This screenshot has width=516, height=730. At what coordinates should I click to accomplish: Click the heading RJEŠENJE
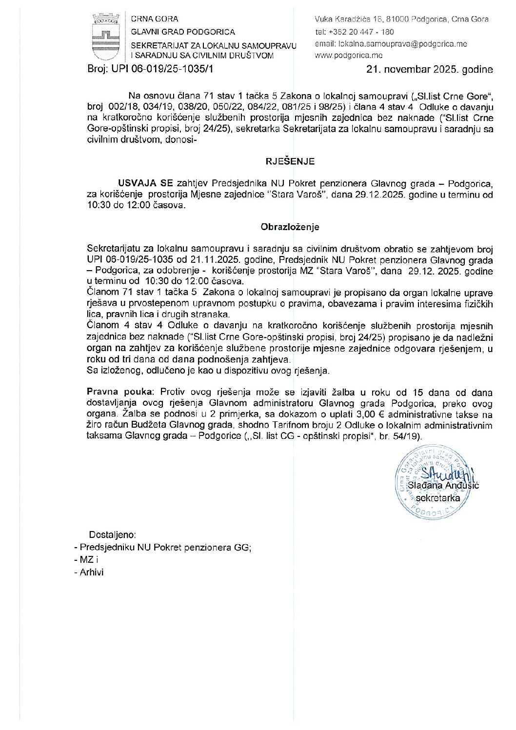[x=290, y=161]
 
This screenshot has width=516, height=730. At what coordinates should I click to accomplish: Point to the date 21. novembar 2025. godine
[x=430, y=70]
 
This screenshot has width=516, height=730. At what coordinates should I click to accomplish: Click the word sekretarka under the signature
[x=437, y=498]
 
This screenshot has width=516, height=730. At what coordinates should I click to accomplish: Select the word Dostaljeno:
[x=112, y=534]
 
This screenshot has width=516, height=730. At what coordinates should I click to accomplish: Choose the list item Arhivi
[x=92, y=572]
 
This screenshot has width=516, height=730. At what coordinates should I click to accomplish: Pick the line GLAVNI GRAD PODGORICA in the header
[x=183, y=32]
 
